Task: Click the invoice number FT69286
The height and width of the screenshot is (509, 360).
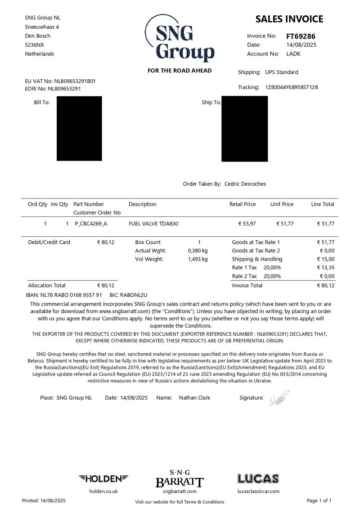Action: (x=301, y=36)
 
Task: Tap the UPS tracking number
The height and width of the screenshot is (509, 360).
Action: (x=291, y=87)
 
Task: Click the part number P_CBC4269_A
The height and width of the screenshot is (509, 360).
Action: (x=91, y=224)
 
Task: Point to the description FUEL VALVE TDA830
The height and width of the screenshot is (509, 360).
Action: (x=153, y=224)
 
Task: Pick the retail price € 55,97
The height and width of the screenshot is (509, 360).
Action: (x=247, y=224)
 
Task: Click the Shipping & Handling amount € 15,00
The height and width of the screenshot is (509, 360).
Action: (x=326, y=259)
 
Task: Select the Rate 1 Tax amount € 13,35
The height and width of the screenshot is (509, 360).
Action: (x=326, y=268)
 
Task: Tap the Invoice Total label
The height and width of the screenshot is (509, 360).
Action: (x=247, y=285)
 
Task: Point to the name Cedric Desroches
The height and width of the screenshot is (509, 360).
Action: (x=245, y=184)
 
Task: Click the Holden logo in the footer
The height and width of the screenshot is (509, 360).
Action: (x=103, y=478)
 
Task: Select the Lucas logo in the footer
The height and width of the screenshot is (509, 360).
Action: (x=258, y=478)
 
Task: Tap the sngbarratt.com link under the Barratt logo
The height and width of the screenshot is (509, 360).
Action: (x=180, y=491)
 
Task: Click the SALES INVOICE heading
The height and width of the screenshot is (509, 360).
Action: (x=289, y=19)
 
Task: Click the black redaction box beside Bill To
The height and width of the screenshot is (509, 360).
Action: (x=79, y=128)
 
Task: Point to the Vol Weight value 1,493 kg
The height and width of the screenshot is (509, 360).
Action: (x=198, y=259)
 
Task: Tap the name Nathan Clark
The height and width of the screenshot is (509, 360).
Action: (x=194, y=398)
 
